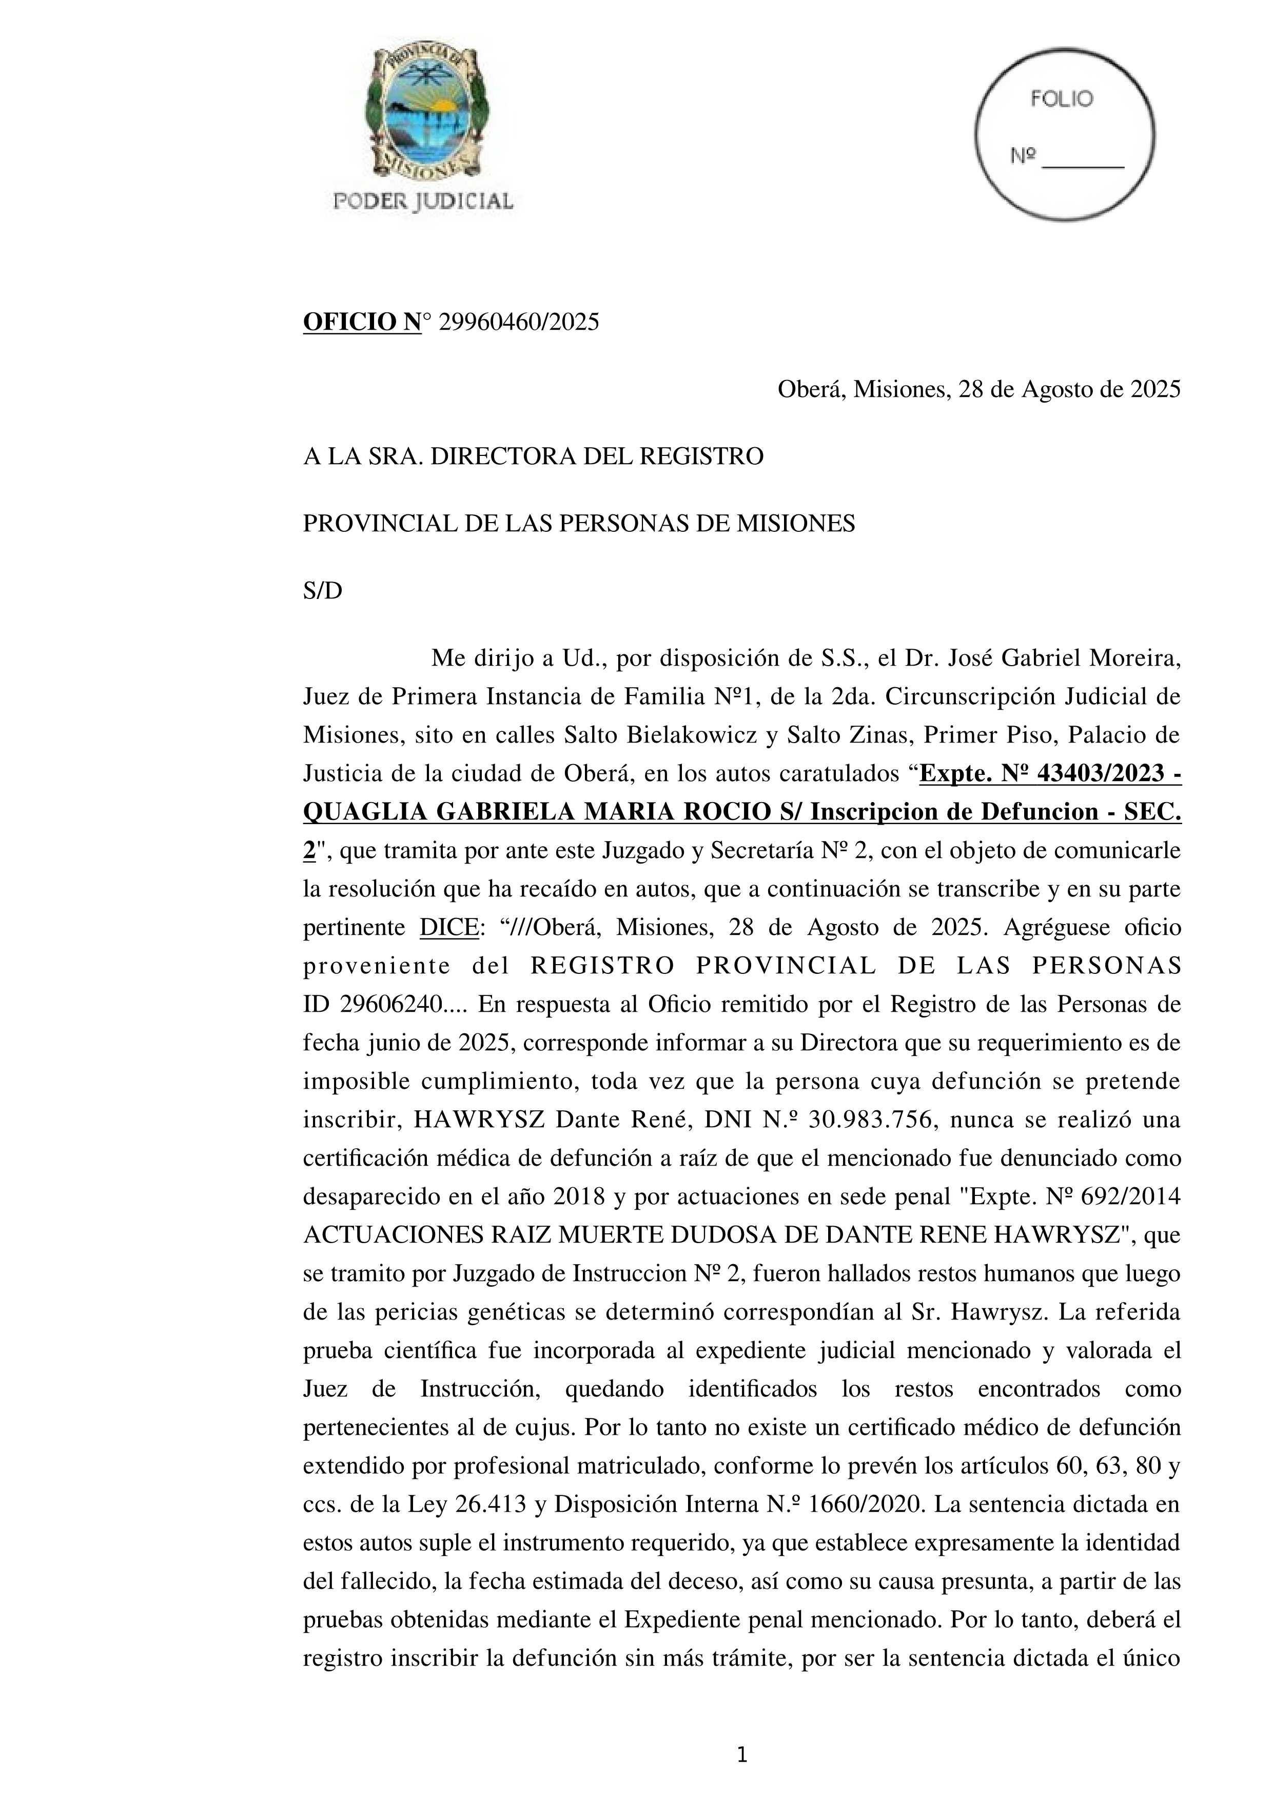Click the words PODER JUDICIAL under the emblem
[x=423, y=202]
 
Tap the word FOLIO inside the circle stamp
[x=1062, y=99]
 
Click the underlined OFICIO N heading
[x=362, y=322]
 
